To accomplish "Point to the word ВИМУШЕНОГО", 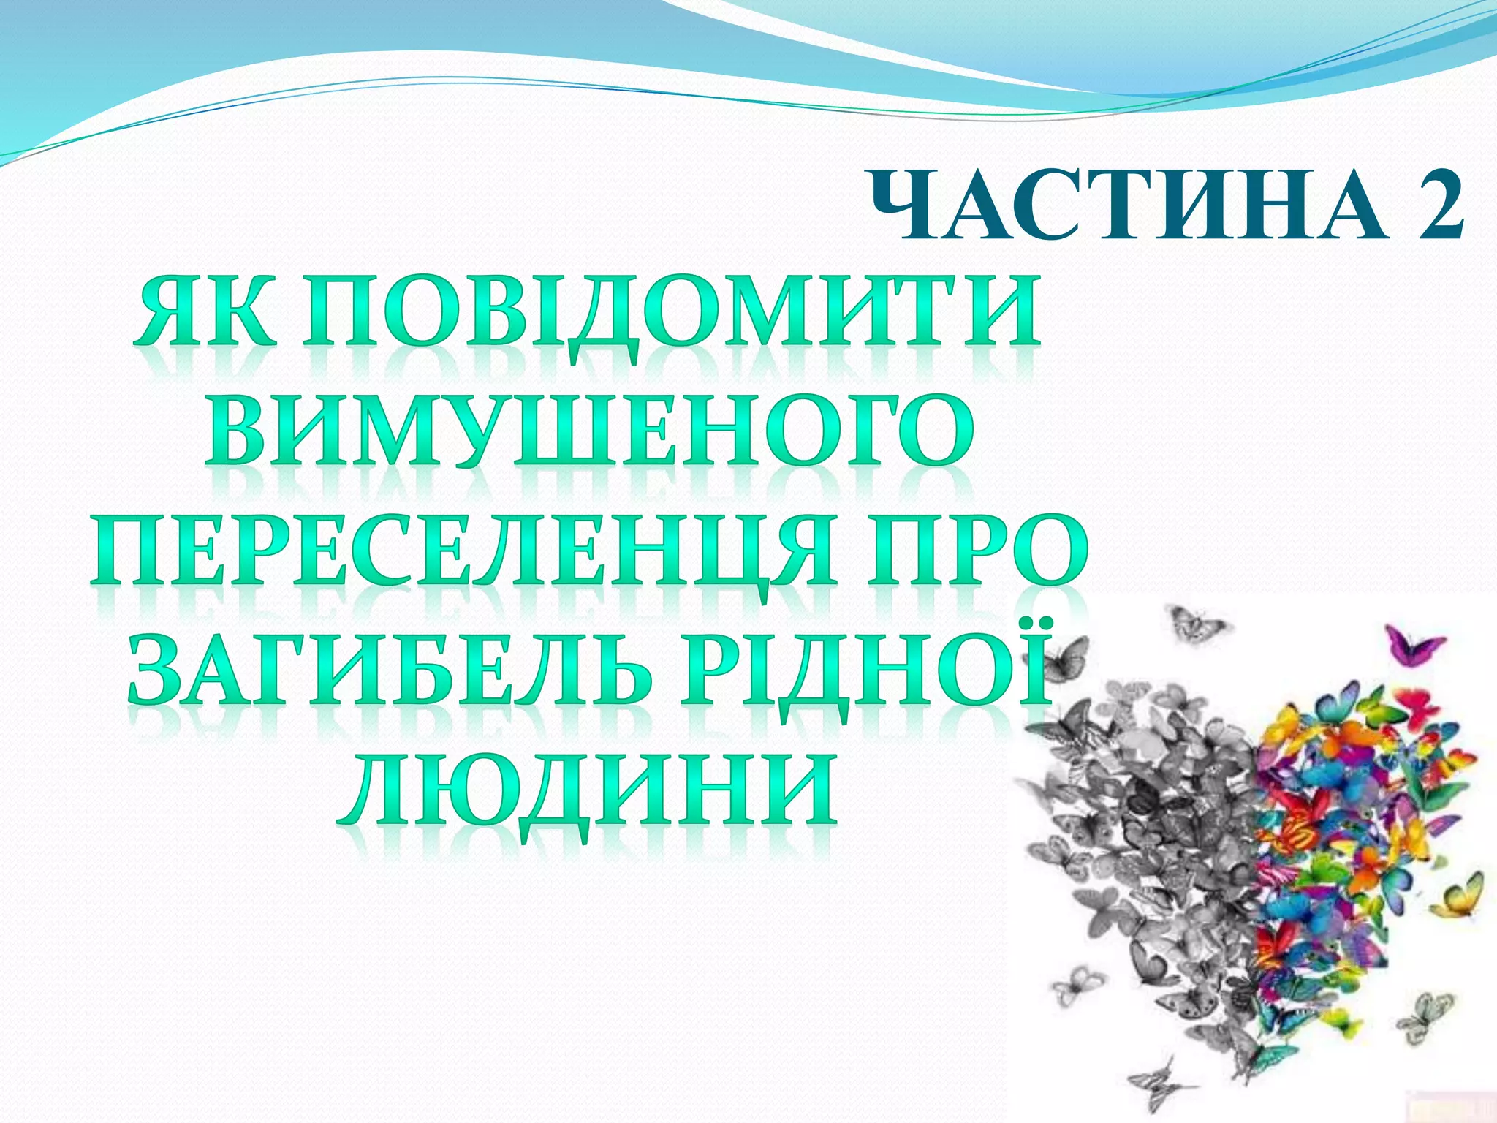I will pyautogui.click(x=588, y=431).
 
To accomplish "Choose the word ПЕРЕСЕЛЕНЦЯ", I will pyautogui.click(x=461, y=553).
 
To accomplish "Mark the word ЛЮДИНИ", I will pyautogui.click(x=588, y=793).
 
